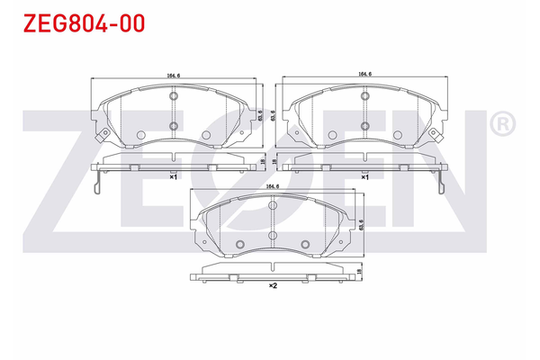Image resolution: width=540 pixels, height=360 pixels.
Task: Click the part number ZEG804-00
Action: click(x=74, y=24)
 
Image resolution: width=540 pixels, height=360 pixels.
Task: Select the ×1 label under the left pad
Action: click(x=173, y=178)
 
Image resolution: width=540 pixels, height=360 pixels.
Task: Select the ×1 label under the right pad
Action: click(x=364, y=178)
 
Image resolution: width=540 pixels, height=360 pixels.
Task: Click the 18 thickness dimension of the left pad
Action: click(x=260, y=162)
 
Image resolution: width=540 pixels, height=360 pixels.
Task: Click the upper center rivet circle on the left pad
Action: click(x=173, y=99)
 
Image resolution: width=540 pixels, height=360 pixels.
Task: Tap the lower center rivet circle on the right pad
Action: click(x=365, y=125)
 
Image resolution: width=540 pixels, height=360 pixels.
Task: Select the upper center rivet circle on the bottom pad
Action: click(x=272, y=207)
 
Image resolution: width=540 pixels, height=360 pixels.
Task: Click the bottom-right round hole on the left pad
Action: click(x=206, y=135)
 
